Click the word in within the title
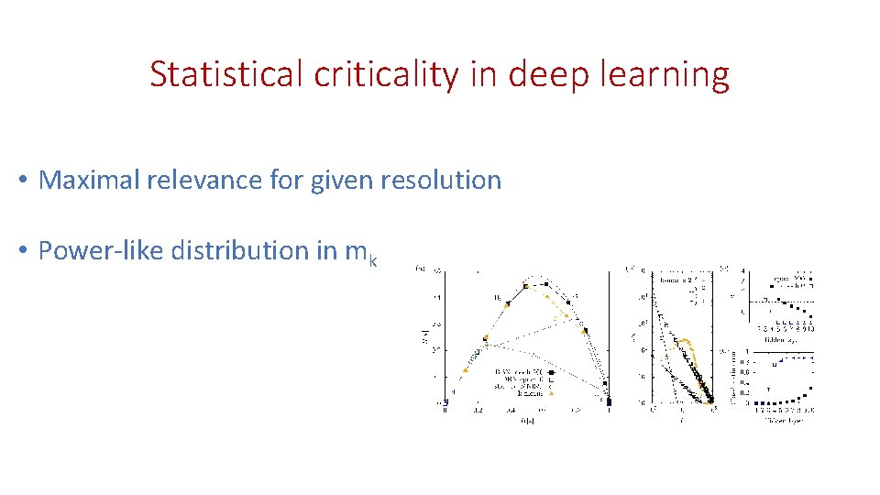(482, 74)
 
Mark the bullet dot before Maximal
(21, 181)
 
